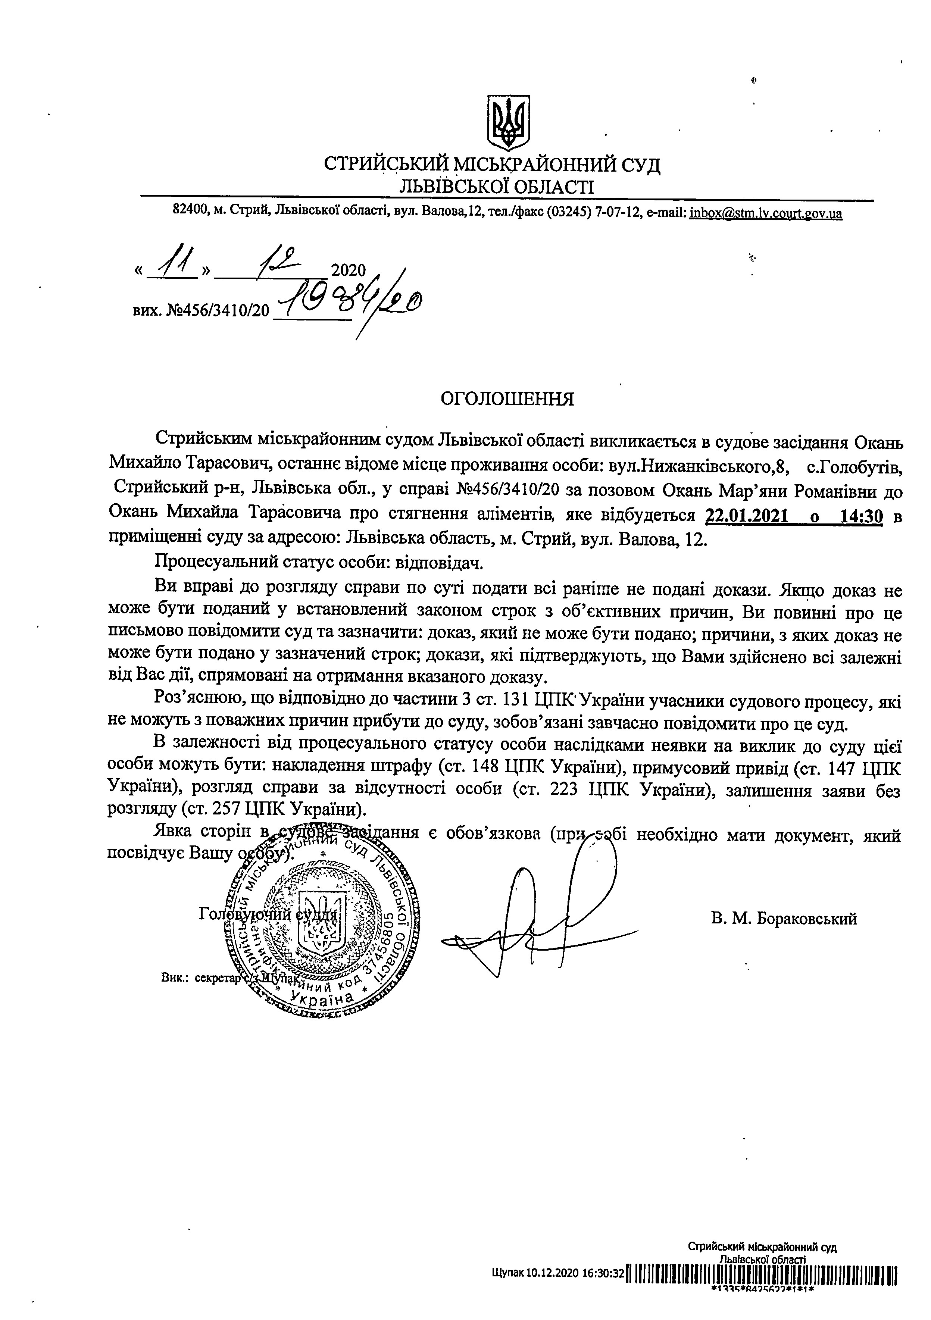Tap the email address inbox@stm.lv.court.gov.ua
coord(766,214)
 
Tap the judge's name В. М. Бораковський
coord(784,919)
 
